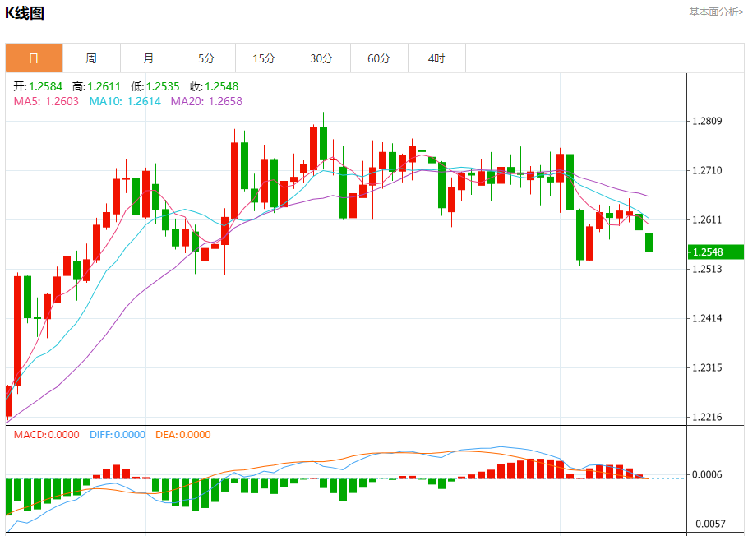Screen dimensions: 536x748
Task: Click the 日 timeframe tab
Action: pos(34,58)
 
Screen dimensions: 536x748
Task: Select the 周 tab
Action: pos(91,58)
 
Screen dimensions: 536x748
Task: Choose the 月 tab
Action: pos(149,58)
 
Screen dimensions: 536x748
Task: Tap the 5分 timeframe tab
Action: pos(206,58)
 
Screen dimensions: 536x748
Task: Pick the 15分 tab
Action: pos(264,58)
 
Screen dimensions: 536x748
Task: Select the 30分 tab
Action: pos(321,58)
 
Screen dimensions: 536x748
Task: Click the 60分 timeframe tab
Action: pos(379,58)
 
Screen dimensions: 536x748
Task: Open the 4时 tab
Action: pos(436,58)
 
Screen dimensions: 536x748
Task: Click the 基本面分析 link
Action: pos(716,12)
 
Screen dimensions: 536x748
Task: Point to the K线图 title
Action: pos(25,13)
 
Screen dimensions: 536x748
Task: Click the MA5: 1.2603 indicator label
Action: pos(46,101)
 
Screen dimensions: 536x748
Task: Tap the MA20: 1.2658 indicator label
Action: pos(206,101)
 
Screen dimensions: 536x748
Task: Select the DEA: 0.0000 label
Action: pos(182,435)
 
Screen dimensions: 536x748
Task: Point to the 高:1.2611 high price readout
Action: pos(96,86)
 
